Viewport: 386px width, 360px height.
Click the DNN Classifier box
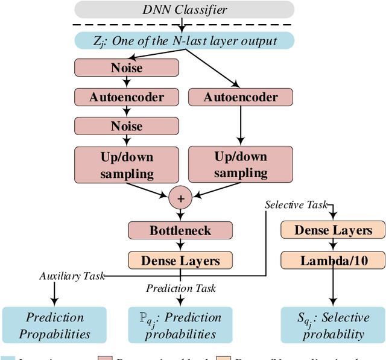click(185, 9)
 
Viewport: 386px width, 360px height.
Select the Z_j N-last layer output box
click(185, 40)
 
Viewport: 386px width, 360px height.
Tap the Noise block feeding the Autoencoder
click(127, 68)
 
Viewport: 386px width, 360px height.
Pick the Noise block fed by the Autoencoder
click(127, 126)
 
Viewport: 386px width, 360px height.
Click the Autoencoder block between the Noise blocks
click(127, 96)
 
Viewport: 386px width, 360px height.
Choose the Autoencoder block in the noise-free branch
click(241, 96)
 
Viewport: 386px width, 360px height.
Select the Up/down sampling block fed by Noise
click(127, 165)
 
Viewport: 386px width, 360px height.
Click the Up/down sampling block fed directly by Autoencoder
click(241, 164)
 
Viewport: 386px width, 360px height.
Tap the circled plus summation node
click(179, 198)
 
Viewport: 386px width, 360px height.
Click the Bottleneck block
click(179, 230)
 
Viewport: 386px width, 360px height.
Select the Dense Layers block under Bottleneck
click(179, 261)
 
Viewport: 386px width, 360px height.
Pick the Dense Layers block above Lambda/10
click(333, 230)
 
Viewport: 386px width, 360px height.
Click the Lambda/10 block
click(333, 261)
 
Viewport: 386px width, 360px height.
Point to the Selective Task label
click(296, 205)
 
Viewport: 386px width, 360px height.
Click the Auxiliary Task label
click(72, 276)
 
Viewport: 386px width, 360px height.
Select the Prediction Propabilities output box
click(54, 325)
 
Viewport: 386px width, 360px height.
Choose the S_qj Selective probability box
click(333, 325)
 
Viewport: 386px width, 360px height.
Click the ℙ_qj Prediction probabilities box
click(179, 325)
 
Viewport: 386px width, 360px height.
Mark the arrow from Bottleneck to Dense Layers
click(179, 245)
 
